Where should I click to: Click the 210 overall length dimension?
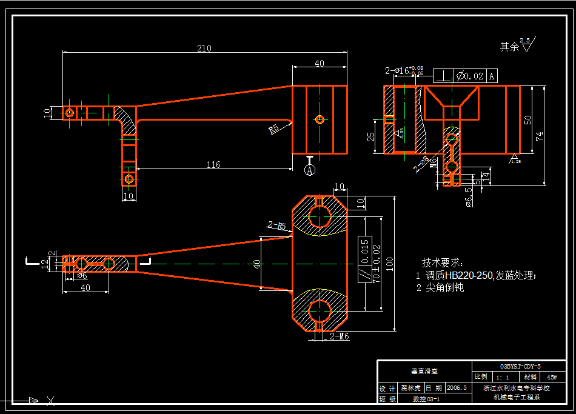pos(204,48)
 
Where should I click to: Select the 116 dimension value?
pos(213,164)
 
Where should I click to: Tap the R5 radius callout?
pos(274,129)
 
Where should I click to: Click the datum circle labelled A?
pos(310,170)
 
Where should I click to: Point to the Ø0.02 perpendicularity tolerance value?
pos(471,76)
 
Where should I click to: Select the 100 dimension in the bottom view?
pos(389,263)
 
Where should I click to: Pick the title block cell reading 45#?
pos(552,376)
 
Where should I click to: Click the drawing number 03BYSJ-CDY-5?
pos(520,367)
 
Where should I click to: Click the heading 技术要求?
pos(442,262)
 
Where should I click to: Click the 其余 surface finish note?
pos(509,46)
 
